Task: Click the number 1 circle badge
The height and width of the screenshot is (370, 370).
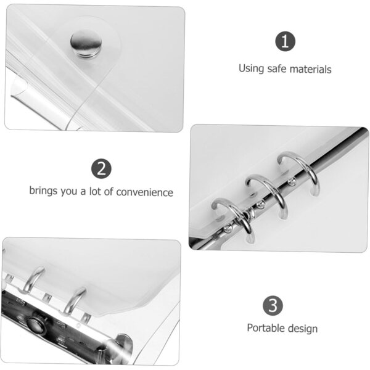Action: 285,41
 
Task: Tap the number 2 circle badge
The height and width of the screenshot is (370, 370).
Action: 102,168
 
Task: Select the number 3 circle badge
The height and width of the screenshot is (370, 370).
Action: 273,306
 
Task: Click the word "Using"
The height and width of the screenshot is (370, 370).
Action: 251,68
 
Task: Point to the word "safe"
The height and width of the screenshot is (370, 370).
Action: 276,68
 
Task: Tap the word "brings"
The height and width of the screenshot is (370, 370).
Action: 43,191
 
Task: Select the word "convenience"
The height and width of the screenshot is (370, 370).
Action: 145,192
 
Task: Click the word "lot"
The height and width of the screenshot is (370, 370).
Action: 95,191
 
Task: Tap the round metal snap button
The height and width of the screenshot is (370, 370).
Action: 86,44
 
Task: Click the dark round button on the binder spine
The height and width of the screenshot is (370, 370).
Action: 35,324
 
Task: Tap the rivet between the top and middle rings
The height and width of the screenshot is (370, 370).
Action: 292,181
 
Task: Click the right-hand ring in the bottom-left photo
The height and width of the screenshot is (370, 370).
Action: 75,300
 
